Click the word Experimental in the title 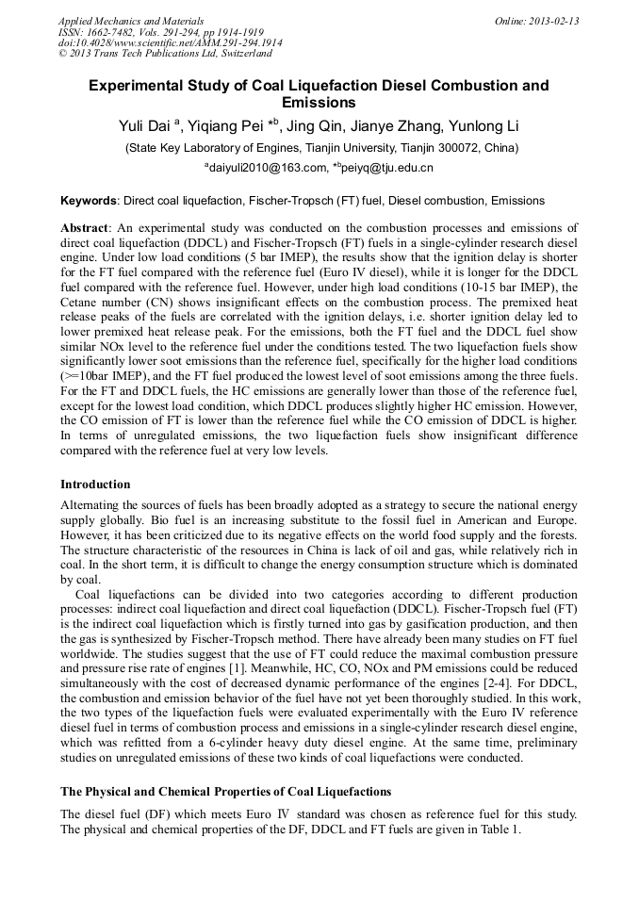(x=136, y=86)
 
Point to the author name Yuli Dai (x=144, y=126)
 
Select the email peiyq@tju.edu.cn (x=387, y=169)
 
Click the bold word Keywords (x=89, y=201)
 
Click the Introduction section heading (x=95, y=485)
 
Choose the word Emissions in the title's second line (x=319, y=103)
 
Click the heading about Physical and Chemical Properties (x=225, y=791)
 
